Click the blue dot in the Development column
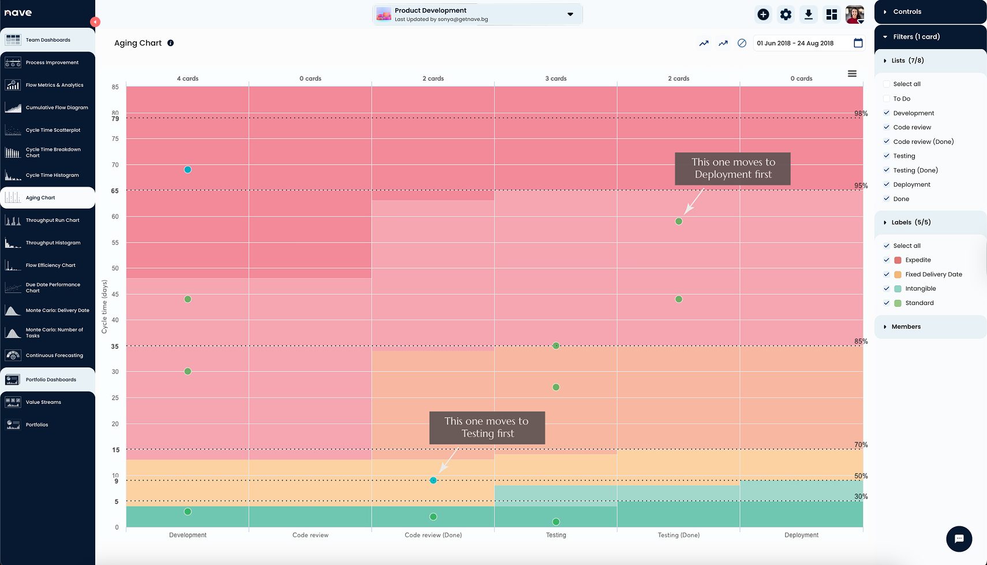pyautogui.click(x=188, y=170)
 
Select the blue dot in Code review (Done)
pyautogui.click(x=433, y=480)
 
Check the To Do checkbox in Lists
pyautogui.click(x=887, y=98)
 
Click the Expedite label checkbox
pyautogui.click(x=887, y=260)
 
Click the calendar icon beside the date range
pyautogui.click(x=858, y=43)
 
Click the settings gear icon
pyautogui.click(x=786, y=14)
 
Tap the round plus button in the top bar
pyautogui.click(x=763, y=14)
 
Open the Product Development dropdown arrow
pyautogui.click(x=570, y=14)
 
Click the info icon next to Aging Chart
pyautogui.click(x=170, y=43)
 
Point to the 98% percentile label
pyautogui.click(x=861, y=113)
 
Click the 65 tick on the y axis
pyautogui.click(x=114, y=191)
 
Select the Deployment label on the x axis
pyautogui.click(x=801, y=535)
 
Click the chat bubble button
pyautogui.click(x=959, y=538)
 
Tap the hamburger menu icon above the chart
pyautogui.click(x=852, y=73)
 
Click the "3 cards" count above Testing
pyautogui.click(x=556, y=79)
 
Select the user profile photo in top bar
pyautogui.click(x=854, y=14)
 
